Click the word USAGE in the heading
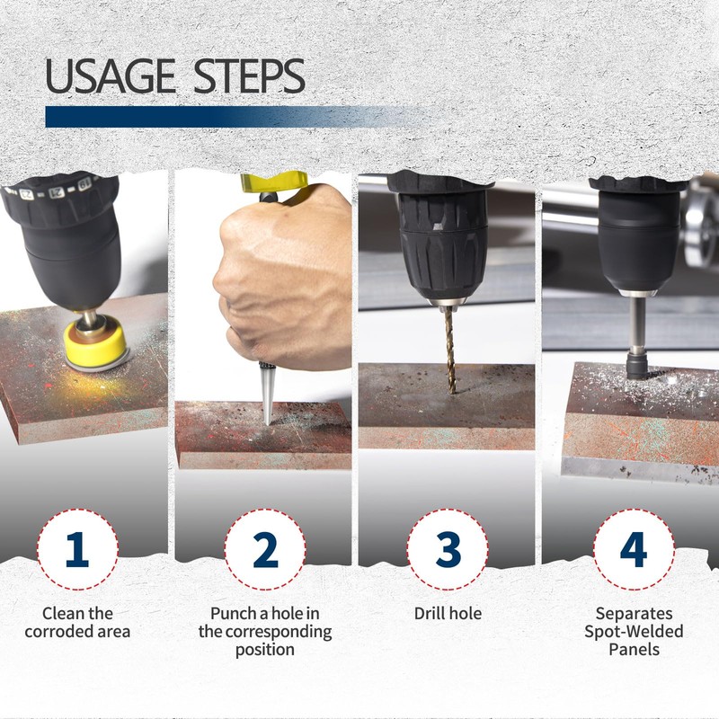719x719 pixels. (111, 76)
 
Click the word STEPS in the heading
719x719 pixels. (250, 76)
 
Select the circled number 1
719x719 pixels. (77, 549)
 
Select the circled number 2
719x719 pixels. (265, 549)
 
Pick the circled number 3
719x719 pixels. (448, 549)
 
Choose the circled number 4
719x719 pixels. (634, 549)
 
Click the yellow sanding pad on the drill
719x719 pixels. (95, 342)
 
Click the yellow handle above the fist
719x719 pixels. (274, 182)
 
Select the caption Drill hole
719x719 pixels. (448, 613)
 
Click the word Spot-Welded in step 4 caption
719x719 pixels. (634, 632)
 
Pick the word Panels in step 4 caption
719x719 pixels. (634, 649)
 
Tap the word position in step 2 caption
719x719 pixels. (264, 650)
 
